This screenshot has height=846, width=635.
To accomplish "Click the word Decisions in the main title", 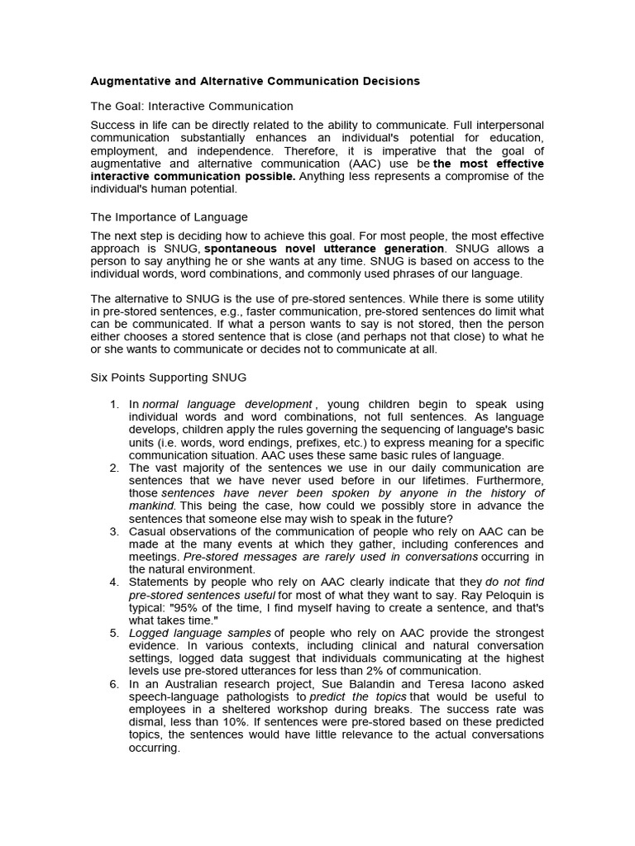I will pos(388,81).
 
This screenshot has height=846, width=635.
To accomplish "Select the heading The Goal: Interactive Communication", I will pos(192,106).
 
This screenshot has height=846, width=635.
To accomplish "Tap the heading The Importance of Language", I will pos(169,216).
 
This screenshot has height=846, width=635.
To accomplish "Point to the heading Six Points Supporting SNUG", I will pos(168,377).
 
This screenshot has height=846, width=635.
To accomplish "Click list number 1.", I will pos(114,404).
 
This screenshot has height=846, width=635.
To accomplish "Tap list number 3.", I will pos(114,530).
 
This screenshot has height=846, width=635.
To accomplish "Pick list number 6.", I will pos(114,684).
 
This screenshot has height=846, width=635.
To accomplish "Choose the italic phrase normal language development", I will pos(227,404).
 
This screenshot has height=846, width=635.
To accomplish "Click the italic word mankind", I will pos(151,505).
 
